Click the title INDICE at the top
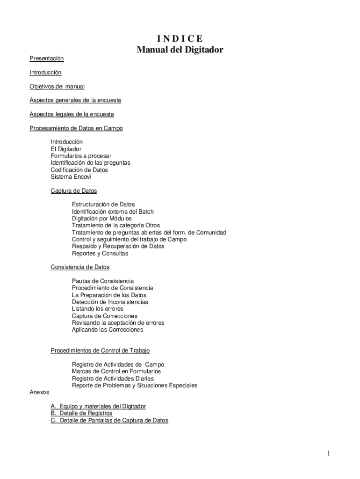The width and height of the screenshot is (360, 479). click(x=180, y=38)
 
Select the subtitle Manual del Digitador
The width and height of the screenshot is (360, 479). click(x=180, y=50)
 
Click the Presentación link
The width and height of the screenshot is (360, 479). click(x=46, y=58)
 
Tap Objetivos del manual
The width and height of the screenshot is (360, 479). click(x=57, y=87)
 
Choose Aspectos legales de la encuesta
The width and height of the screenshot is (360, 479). click(x=72, y=114)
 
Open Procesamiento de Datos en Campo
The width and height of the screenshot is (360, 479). click(x=76, y=128)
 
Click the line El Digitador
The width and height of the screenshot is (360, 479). click(x=66, y=149)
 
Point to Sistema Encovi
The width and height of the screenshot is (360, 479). click(x=71, y=177)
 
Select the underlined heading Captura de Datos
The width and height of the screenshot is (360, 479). click(x=74, y=191)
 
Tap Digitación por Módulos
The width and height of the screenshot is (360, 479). click(x=101, y=218)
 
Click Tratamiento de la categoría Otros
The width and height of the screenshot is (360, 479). click(x=115, y=225)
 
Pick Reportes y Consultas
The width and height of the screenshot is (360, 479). click(x=100, y=254)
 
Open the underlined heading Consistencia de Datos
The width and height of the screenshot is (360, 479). click(x=80, y=267)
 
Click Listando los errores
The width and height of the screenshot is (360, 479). click(x=97, y=309)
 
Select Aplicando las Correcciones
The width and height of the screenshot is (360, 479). click(x=108, y=330)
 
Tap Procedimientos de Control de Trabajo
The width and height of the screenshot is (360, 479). click(x=100, y=350)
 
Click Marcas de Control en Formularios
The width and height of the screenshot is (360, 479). click(x=116, y=371)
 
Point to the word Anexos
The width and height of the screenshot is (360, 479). click(x=39, y=392)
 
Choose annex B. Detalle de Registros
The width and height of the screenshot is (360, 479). click(x=81, y=414)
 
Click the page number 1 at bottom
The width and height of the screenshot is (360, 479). click(x=329, y=453)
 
